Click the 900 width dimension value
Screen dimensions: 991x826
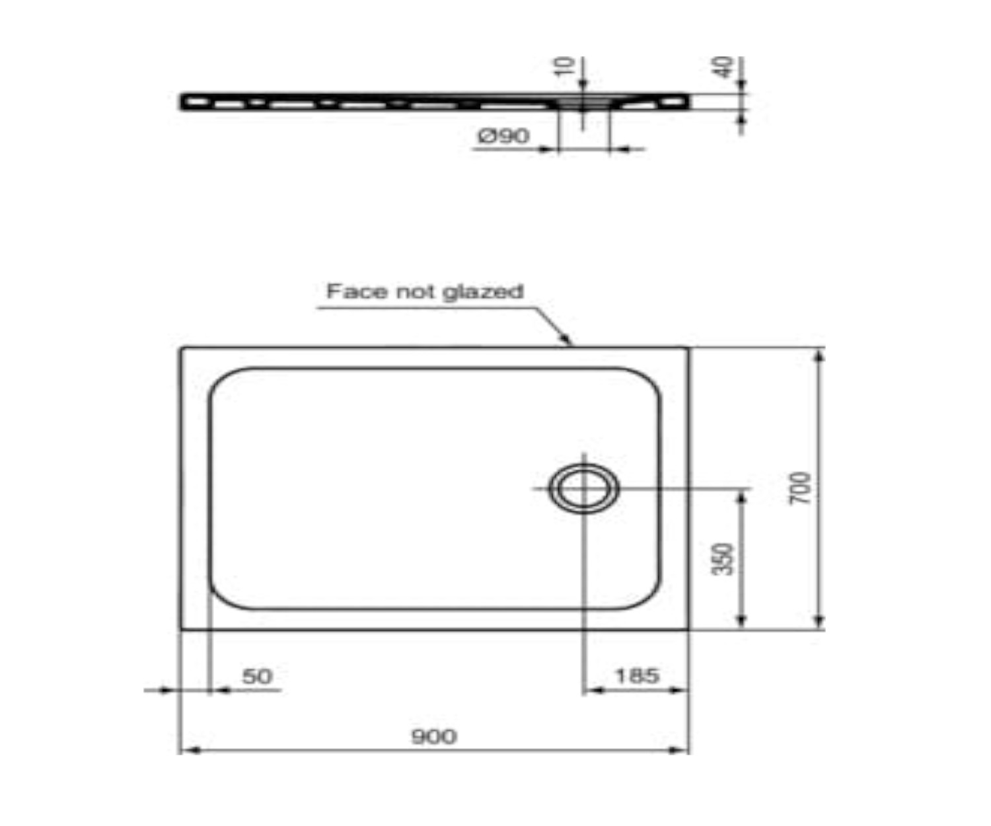coord(434,736)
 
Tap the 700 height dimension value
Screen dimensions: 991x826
coord(799,488)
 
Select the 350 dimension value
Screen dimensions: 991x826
coord(723,559)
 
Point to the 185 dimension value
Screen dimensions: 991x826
coord(637,675)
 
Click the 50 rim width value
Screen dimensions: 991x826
coord(257,677)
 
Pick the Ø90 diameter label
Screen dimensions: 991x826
coord(503,136)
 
